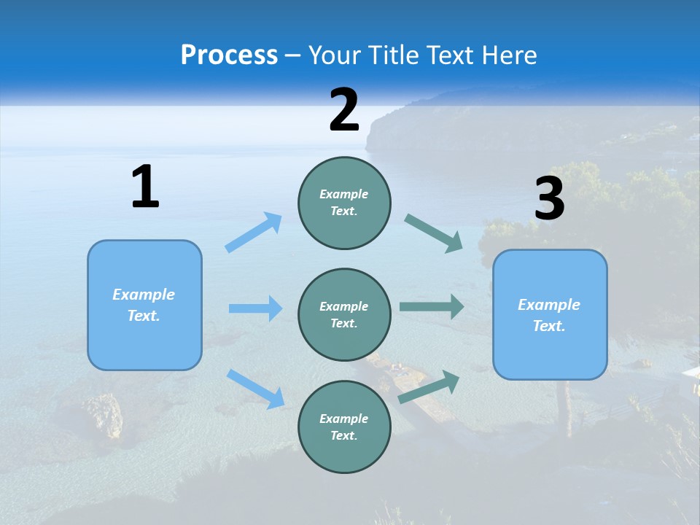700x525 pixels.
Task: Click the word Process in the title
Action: tap(229, 55)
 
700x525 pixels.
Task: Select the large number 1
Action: tap(145, 187)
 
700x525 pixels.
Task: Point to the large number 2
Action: tap(344, 111)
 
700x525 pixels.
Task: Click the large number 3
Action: tap(549, 199)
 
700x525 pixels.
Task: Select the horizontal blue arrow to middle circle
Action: tap(255, 308)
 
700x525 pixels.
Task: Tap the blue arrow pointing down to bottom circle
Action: tap(255, 388)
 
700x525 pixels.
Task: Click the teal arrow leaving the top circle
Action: tap(434, 233)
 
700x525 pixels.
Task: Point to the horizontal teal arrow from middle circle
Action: tap(432, 307)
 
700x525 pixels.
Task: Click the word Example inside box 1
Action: tap(144, 295)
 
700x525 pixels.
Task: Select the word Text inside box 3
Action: tap(549, 326)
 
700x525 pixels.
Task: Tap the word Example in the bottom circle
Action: tap(343, 419)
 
